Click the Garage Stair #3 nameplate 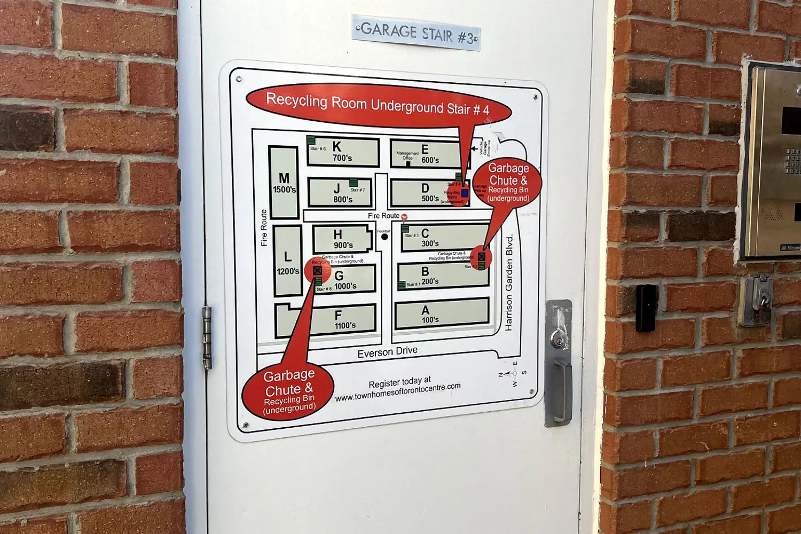click(416, 33)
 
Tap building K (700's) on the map click(343, 152)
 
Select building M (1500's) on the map click(284, 183)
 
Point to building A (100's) click(442, 313)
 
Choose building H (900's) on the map click(342, 239)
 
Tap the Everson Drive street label click(387, 352)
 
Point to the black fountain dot click(384, 237)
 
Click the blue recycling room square click(465, 193)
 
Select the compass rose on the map click(514, 373)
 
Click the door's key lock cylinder click(557, 338)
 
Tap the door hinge click(207, 338)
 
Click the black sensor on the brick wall click(646, 308)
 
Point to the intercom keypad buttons click(792, 161)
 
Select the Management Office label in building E click(407, 156)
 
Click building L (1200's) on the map click(288, 261)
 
